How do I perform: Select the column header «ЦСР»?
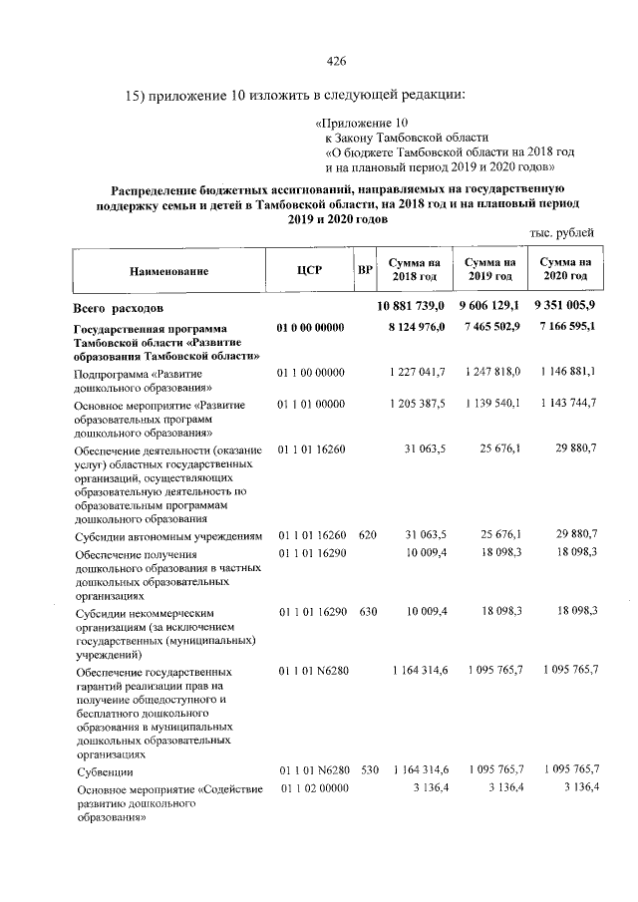[309, 270]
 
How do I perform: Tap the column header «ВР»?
[365, 270]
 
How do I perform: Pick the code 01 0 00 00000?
[310, 328]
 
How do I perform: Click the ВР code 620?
[367, 535]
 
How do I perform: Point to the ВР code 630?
[367, 609]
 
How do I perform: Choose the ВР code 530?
[367, 770]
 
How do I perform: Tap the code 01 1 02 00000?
[312, 790]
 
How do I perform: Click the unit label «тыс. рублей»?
[562, 233]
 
